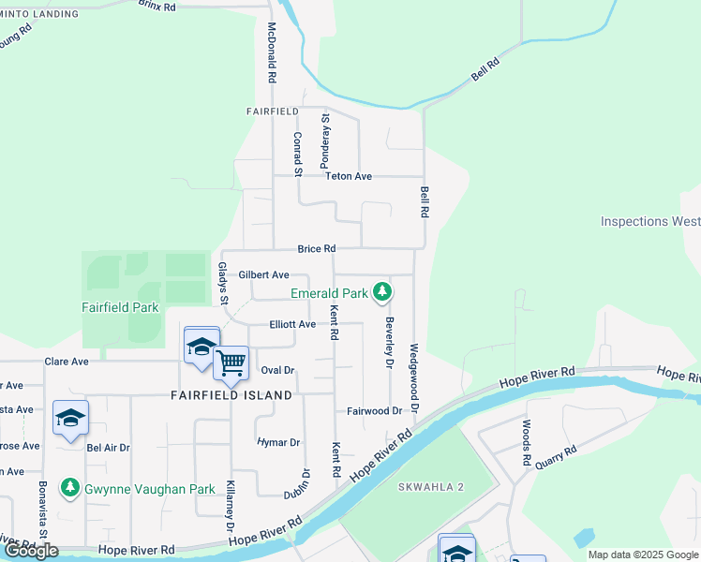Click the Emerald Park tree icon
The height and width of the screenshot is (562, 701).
click(381, 293)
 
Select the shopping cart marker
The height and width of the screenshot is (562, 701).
click(231, 362)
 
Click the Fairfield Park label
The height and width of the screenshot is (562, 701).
click(119, 307)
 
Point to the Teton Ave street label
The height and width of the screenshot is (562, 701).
click(349, 176)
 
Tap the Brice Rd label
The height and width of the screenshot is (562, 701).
click(316, 249)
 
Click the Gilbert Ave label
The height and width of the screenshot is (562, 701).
click(263, 274)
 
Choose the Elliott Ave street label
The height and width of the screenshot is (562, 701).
click(292, 324)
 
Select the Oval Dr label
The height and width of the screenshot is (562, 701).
click(277, 370)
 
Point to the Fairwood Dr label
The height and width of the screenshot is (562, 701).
click(374, 411)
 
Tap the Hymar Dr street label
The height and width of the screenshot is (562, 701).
click(277, 442)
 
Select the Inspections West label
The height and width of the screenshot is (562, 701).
click(650, 222)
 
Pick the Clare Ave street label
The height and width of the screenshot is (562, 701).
click(67, 362)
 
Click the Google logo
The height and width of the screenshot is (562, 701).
click(30, 551)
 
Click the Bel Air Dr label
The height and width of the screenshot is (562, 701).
click(107, 448)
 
